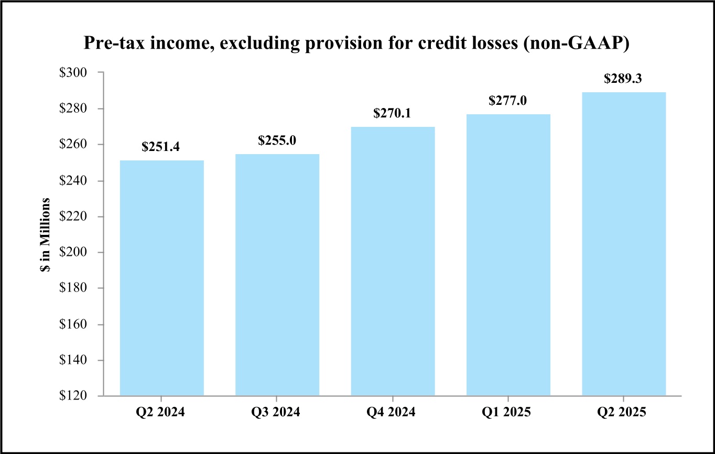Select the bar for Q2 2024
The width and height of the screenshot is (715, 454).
coord(162,278)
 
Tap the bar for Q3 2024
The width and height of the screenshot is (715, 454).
coord(277,275)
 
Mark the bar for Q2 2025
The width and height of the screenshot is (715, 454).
coord(624,244)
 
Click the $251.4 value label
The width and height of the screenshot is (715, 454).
coord(162,148)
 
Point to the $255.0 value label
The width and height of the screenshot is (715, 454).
coord(277,141)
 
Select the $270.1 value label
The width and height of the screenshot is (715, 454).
coord(393,114)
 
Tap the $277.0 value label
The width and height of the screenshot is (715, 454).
coord(508,101)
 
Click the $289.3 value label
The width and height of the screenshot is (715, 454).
coord(624,79)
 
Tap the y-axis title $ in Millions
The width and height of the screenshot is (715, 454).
coord(47,234)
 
